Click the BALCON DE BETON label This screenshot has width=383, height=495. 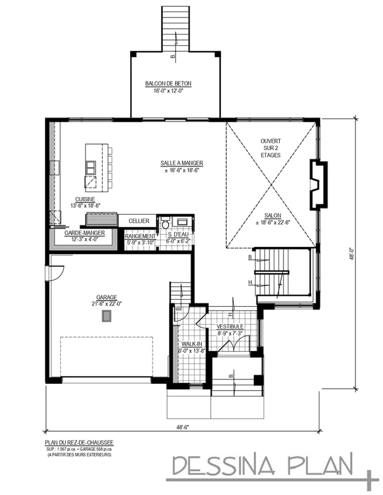point(168,84)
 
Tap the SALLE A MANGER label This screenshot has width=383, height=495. point(182,163)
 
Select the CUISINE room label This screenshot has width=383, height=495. point(85,199)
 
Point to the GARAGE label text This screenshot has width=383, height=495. point(106,297)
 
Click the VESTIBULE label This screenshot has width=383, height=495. point(230,327)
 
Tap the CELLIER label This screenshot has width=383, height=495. point(138,220)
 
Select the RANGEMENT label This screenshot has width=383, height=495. point(140,236)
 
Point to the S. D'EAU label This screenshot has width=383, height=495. point(178,236)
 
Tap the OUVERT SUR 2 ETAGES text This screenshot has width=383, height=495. point(271,148)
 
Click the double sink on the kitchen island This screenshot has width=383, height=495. point(91,168)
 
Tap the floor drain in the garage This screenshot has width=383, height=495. point(106,316)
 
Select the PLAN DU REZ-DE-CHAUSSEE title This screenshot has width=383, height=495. point(79,442)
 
